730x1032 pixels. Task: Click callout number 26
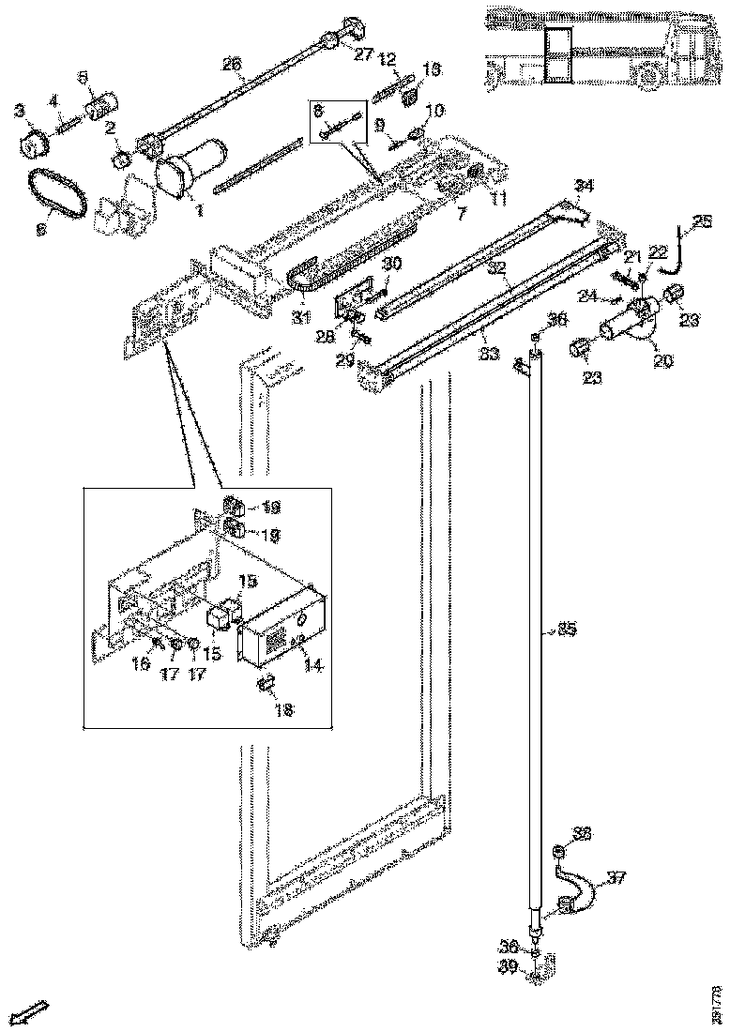point(232,65)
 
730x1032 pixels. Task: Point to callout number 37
point(616,878)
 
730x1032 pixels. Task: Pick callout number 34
point(584,185)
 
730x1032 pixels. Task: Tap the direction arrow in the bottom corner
point(33,1012)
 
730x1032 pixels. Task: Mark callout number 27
point(362,53)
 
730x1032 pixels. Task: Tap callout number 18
point(283,709)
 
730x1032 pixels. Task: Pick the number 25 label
point(702,222)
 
